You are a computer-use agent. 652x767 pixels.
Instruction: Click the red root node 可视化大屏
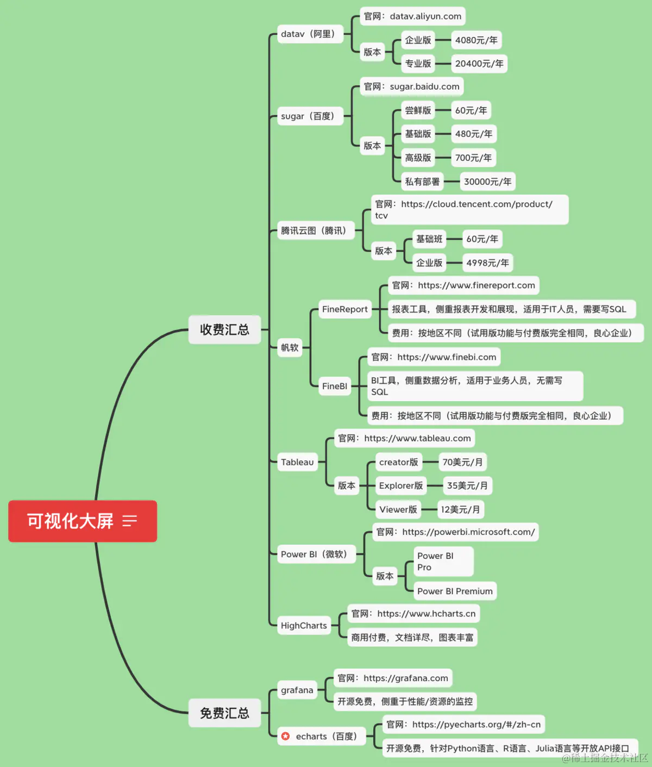coord(71,521)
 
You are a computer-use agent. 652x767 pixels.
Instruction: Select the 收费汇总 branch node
coord(224,329)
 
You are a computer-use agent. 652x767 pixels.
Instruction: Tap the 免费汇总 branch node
coord(224,713)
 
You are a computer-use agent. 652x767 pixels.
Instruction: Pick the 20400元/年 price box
coord(479,64)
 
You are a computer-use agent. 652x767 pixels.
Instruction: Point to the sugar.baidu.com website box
coord(412,86)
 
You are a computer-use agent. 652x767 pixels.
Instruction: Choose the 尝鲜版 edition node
coord(418,110)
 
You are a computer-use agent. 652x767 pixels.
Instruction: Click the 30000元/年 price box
coord(487,182)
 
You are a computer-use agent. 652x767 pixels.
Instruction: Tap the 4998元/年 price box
coord(487,263)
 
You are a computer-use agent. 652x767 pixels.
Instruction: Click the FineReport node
coord(344,309)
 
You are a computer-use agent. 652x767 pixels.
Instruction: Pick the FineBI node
coord(334,386)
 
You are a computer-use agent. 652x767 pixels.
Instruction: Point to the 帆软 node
coord(290,347)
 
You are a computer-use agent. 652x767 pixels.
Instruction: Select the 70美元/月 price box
coord(462,462)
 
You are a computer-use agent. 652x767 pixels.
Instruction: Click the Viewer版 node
coord(398,509)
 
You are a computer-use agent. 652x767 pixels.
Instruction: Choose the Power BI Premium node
coord(455,591)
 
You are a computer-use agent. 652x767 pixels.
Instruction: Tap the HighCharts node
coord(304,626)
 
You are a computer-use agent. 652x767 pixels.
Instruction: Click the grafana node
coord(297,690)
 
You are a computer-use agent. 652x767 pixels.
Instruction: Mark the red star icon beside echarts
coord(286,736)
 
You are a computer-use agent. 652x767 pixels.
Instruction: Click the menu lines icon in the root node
coord(130,521)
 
